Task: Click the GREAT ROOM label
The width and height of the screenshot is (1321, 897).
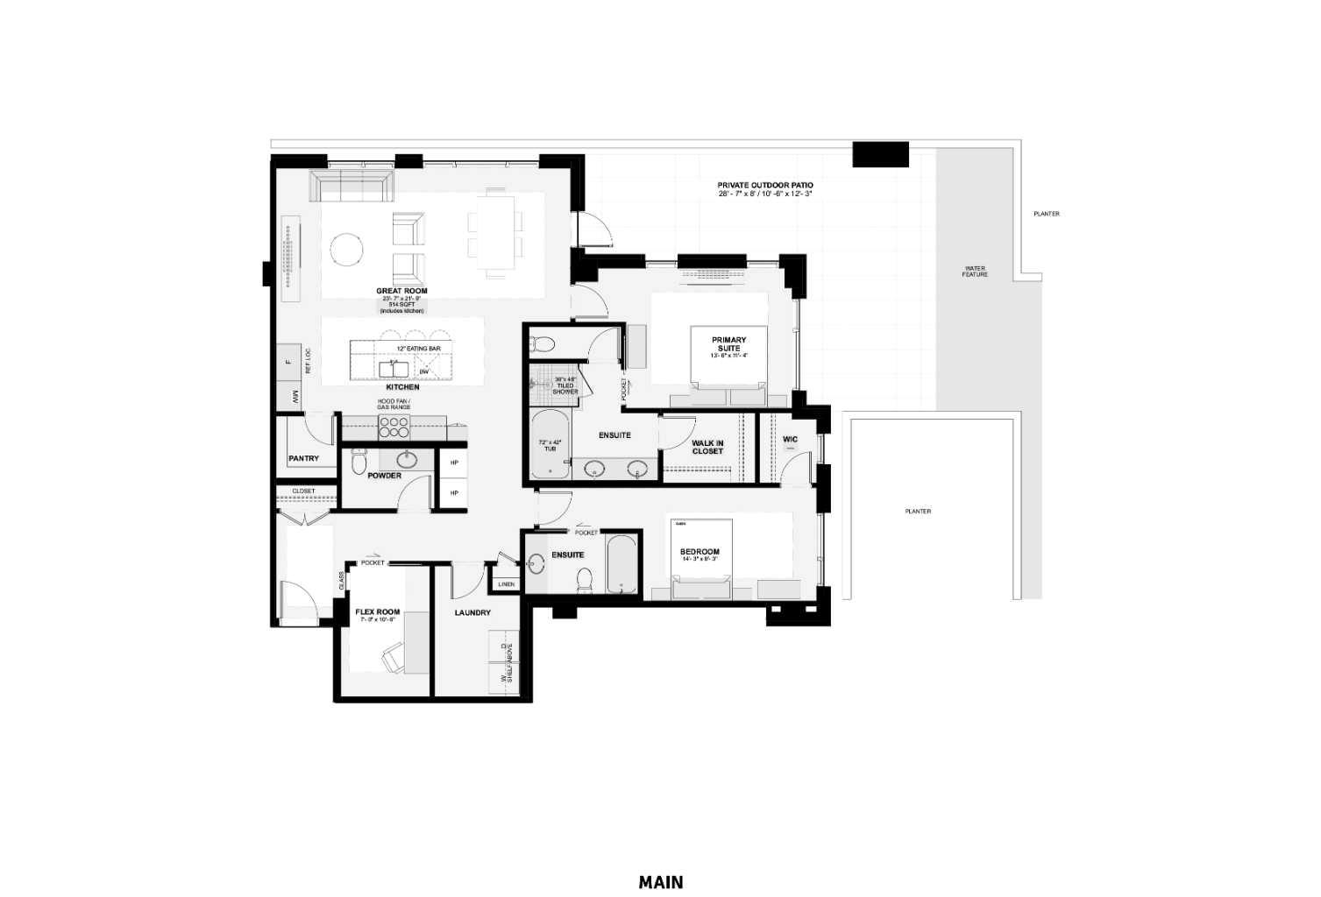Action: pyautogui.click(x=401, y=291)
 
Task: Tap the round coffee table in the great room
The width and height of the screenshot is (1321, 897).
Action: pyautogui.click(x=346, y=250)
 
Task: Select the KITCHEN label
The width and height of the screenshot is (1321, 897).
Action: pyautogui.click(x=402, y=386)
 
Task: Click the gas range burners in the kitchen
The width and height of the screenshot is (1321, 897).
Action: pyautogui.click(x=394, y=427)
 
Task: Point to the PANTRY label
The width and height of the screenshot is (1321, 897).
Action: pyautogui.click(x=303, y=458)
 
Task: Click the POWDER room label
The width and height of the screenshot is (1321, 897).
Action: pyautogui.click(x=384, y=476)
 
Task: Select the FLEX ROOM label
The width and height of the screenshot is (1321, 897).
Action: pyautogui.click(x=377, y=612)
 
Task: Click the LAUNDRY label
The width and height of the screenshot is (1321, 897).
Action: pyautogui.click(x=472, y=612)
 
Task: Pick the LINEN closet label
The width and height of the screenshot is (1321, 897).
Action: pyautogui.click(x=506, y=584)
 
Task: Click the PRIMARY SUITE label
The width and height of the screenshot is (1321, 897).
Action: pyautogui.click(x=728, y=343)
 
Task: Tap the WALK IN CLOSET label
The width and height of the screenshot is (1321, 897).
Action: pyautogui.click(x=707, y=447)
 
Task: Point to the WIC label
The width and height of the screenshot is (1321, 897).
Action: pyautogui.click(x=790, y=439)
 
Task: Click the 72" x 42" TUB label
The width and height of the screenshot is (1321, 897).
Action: pyautogui.click(x=550, y=445)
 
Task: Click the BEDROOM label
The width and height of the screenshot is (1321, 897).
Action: pyautogui.click(x=700, y=552)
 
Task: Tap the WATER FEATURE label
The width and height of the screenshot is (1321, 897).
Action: pyautogui.click(x=975, y=272)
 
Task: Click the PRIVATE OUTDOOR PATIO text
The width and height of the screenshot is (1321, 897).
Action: pyautogui.click(x=764, y=185)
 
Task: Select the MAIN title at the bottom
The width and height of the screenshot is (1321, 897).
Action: pyautogui.click(x=660, y=882)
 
